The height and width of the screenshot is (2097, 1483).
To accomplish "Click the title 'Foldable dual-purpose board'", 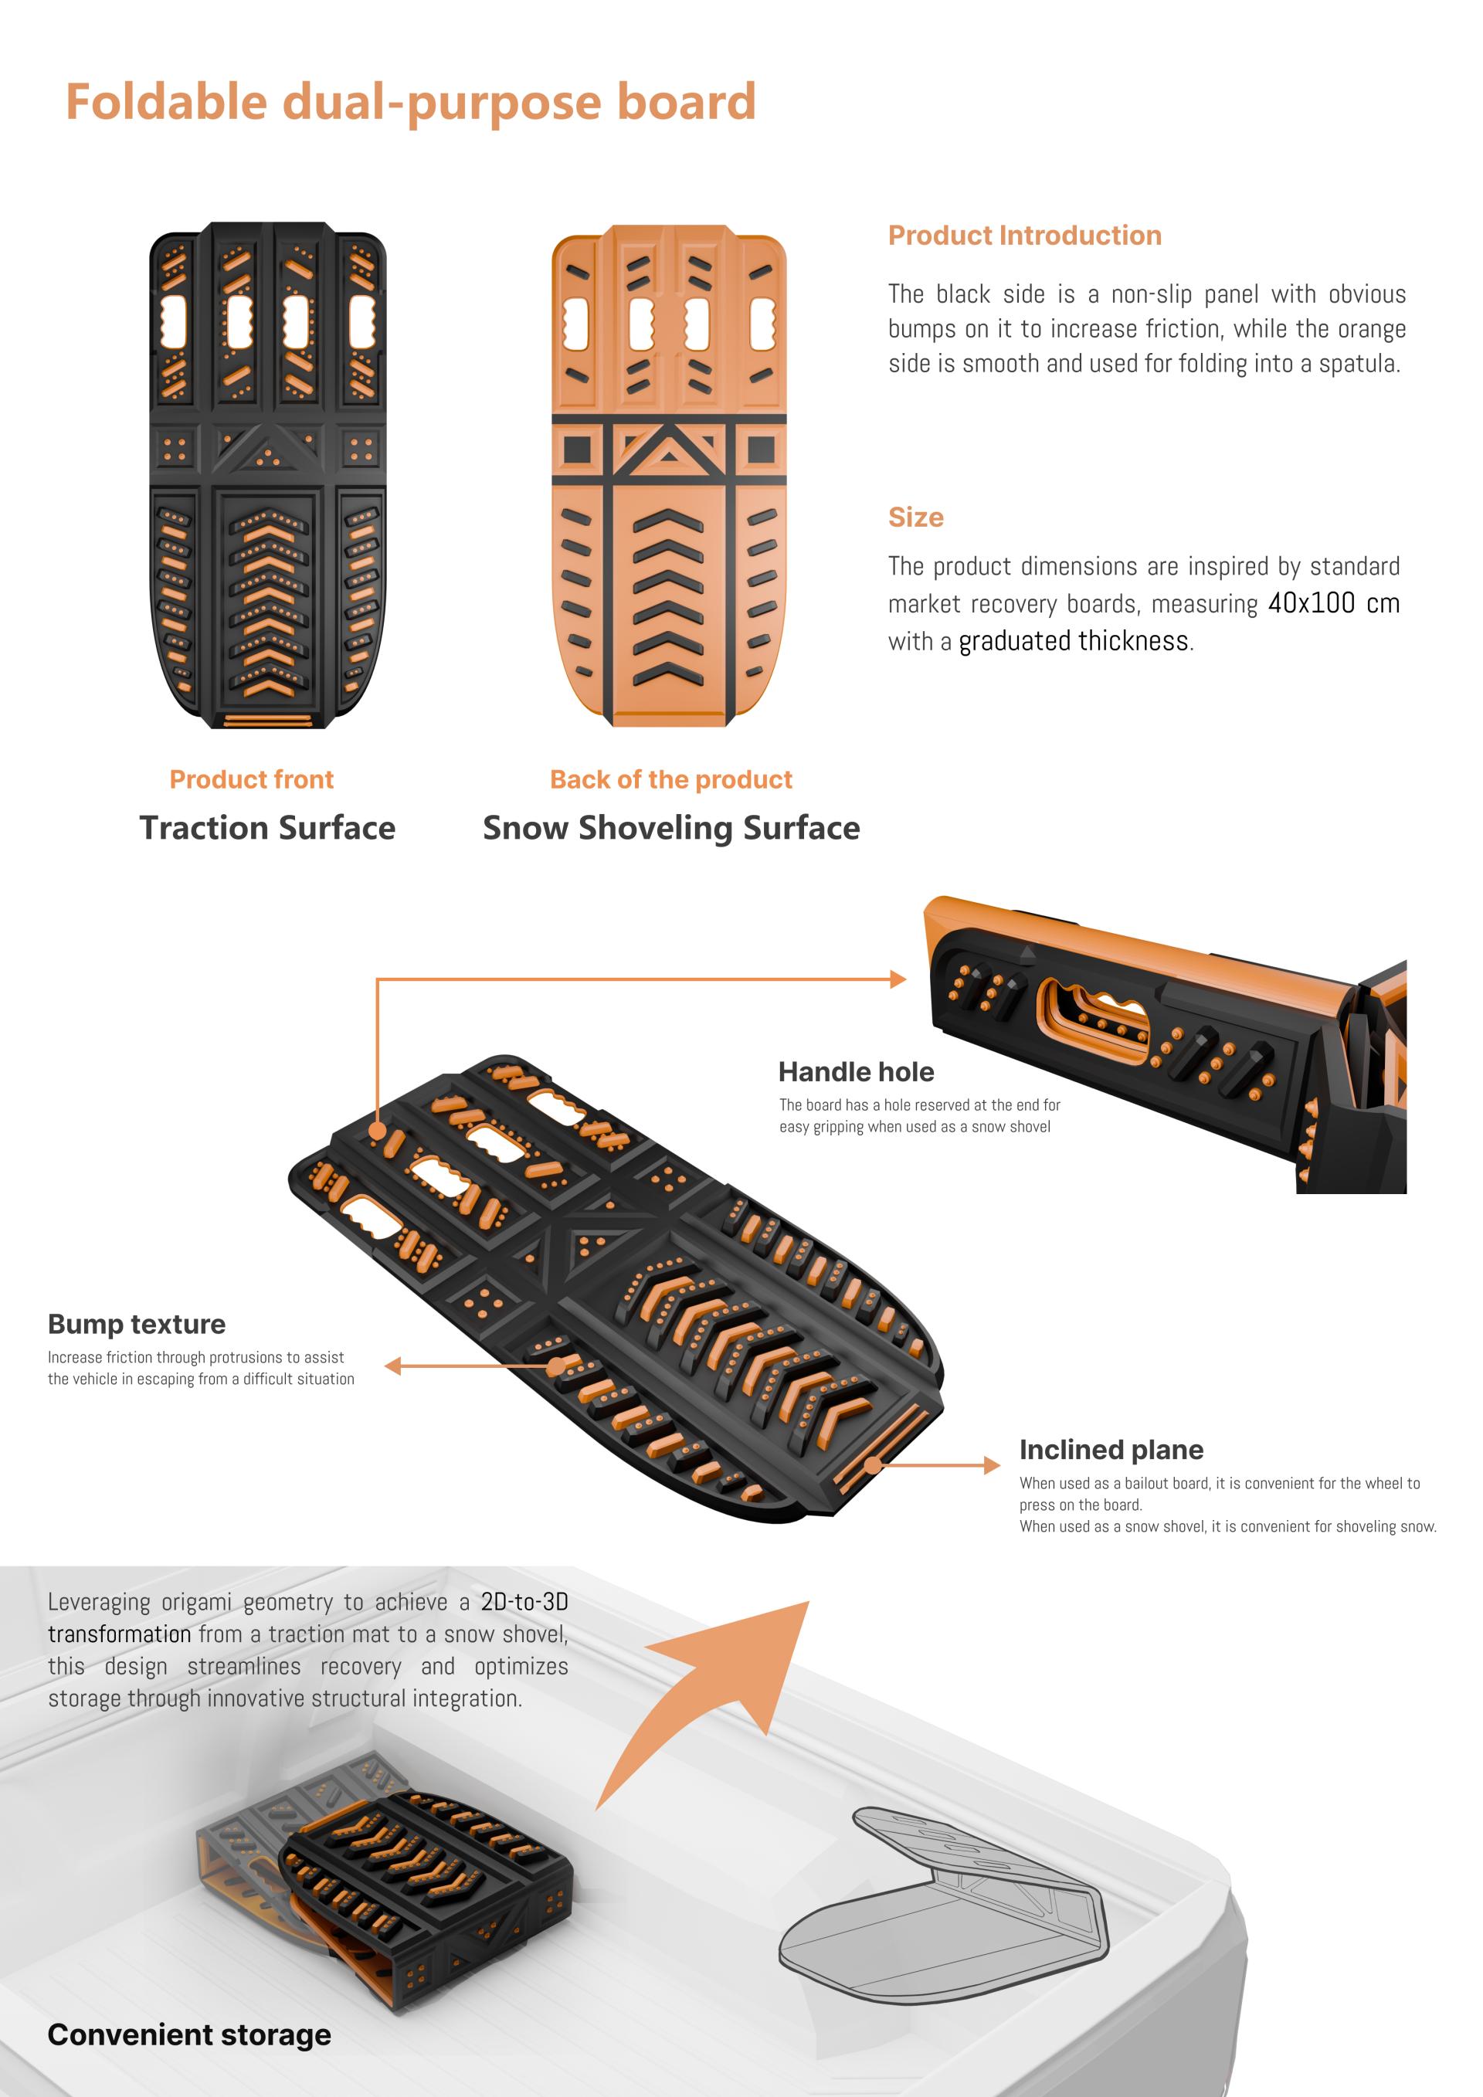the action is coord(411,101).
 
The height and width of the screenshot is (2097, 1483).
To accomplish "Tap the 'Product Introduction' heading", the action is coord(1025,236).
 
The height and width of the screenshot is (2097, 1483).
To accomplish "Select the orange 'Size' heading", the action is coord(916,517).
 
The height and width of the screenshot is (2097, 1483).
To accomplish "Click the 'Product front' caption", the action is coord(251,779).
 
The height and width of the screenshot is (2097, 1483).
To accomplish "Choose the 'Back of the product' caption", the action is coord(671,779).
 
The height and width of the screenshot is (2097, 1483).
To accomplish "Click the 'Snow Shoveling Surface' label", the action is coord(671,829).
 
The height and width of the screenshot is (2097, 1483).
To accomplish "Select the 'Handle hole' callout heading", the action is coord(856,1071).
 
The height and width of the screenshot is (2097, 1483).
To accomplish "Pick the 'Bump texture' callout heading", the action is coord(136,1325).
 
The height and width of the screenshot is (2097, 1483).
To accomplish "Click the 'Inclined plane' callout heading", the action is coord(1111,1450).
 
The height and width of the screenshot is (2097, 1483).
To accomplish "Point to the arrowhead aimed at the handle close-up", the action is coord(898,979).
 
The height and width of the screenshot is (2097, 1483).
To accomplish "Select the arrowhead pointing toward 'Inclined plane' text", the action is coord(992,1465).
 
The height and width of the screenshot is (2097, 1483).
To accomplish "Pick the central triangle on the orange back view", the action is coord(668,450).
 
